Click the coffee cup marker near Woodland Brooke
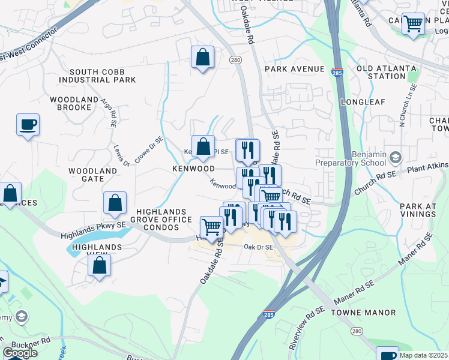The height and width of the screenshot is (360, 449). point(28,125)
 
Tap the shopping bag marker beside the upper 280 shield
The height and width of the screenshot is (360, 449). point(203,58)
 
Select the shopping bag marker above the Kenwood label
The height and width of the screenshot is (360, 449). point(203,146)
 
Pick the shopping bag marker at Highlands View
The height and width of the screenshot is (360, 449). point(99,265)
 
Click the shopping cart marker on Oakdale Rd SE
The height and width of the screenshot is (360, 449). point(211,227)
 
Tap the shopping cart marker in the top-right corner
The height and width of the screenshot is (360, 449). point(413,25)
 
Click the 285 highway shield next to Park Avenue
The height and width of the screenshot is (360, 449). point(336,70)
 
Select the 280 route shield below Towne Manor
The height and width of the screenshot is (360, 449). point(358,331)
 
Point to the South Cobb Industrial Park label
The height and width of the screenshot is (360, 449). point(102,75)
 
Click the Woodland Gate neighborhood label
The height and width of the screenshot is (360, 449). point(92,175)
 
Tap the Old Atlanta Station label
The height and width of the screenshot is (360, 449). point(381,73)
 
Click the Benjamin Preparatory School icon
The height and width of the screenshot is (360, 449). point(395,158)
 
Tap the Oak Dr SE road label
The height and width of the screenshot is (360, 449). point(258,247)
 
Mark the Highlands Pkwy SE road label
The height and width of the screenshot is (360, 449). point(93,230)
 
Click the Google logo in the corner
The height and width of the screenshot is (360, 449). point(20,352)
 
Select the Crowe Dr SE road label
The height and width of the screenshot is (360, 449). point(149,148)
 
